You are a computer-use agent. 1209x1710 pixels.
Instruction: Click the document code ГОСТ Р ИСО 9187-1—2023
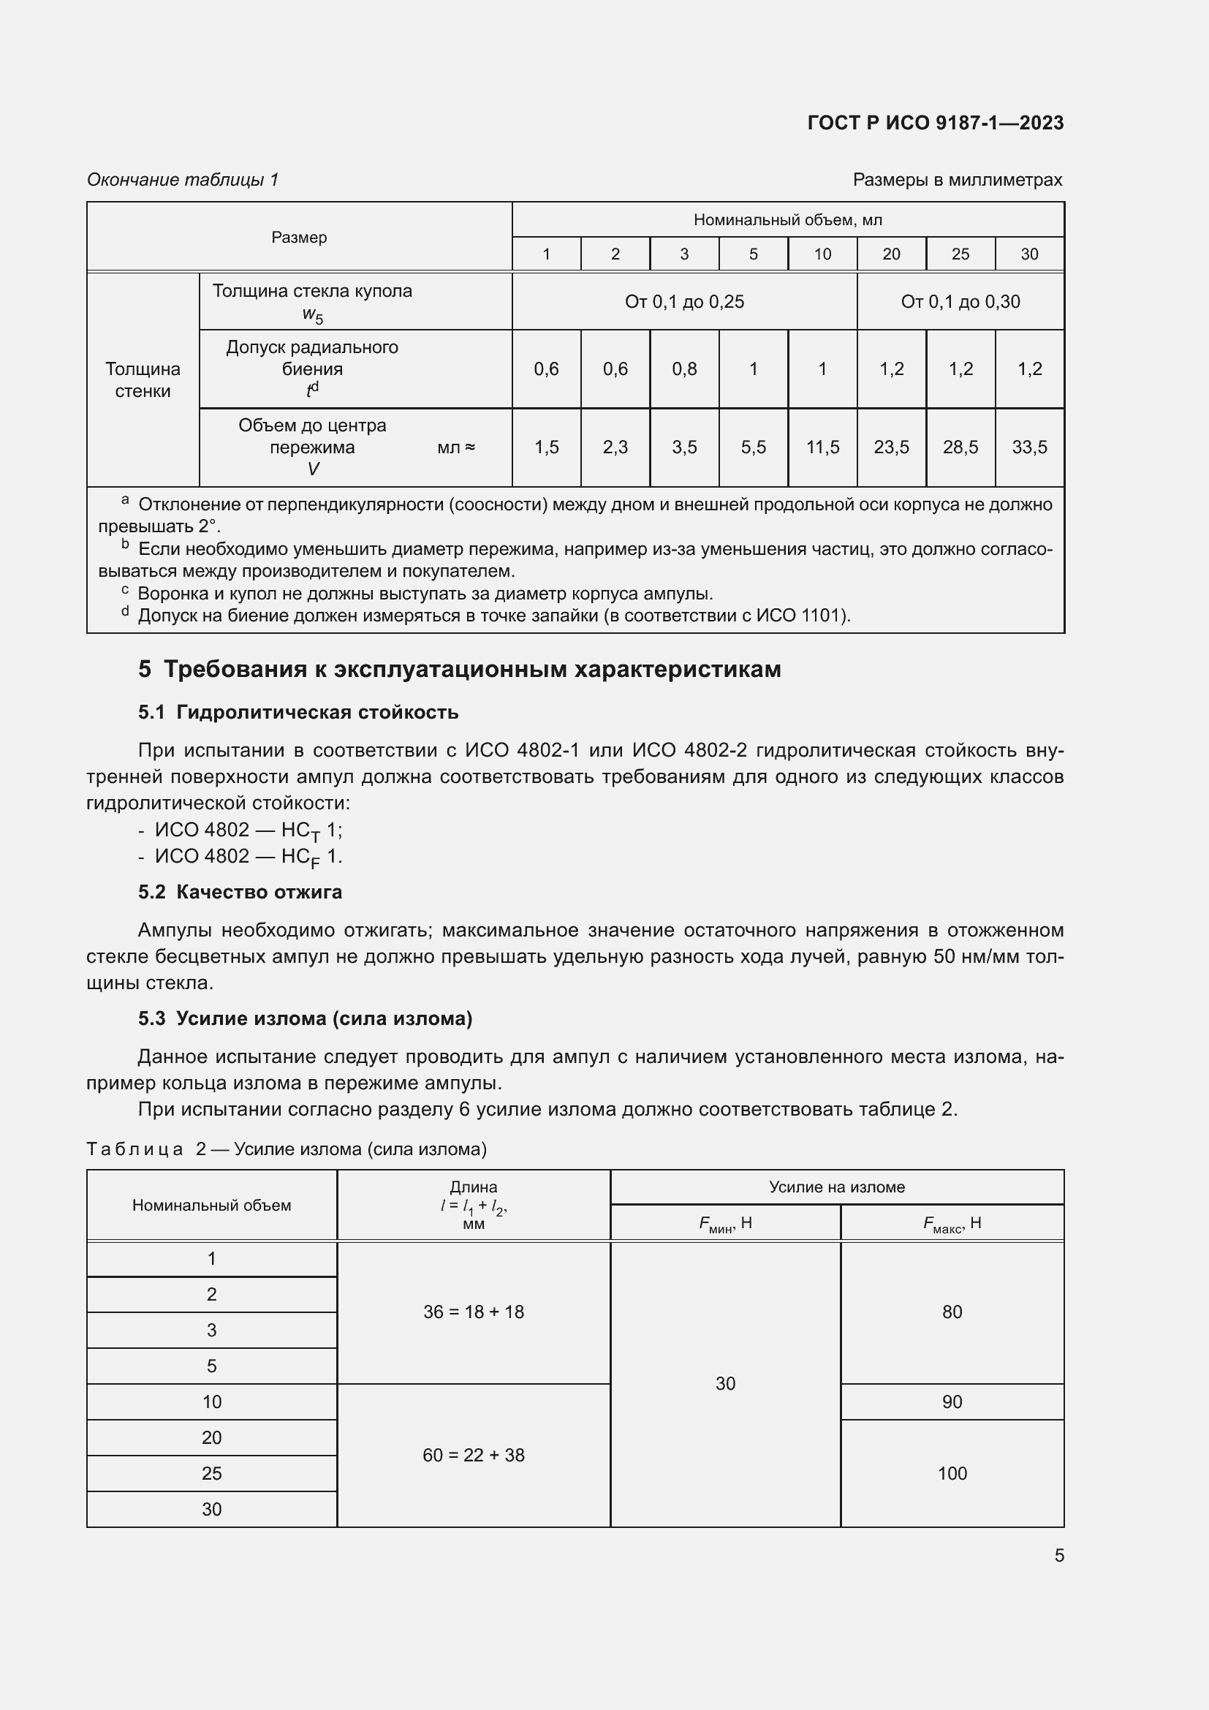coord(935,123)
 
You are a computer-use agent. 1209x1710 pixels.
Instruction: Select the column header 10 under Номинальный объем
coord(822,254)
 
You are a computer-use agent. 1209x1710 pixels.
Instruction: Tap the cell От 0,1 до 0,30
coord(960,302)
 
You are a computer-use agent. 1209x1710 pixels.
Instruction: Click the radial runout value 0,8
coord(683,368)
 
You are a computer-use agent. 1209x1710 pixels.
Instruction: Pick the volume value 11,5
coord(822,447)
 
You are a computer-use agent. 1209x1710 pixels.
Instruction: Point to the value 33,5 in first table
coord(1029,447)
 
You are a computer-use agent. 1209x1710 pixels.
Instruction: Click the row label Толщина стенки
coord(143,380)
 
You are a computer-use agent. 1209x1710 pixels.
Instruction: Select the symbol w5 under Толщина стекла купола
coord(313,315)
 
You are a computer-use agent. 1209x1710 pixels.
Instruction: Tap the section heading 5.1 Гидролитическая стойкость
coord(297,712)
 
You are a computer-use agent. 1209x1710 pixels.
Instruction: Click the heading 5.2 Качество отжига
coord(240,892)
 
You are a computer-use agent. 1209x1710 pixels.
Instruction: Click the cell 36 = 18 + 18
coord(474,1312)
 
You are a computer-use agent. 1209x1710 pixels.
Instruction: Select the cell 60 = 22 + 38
coord(474,1455)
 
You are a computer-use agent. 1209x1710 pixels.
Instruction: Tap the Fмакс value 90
coord(952,1401)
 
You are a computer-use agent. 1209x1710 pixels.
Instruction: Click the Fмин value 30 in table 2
coord(725,1383)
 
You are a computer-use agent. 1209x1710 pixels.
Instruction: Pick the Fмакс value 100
coord(952,1473)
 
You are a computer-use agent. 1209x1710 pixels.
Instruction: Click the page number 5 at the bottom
coord(1058,1555)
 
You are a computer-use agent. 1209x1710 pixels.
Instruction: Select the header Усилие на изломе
coord(837,1187)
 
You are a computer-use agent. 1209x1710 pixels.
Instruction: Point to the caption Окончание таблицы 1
coord(183,180)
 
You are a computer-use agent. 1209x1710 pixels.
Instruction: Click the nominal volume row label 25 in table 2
coord(211,1473)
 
